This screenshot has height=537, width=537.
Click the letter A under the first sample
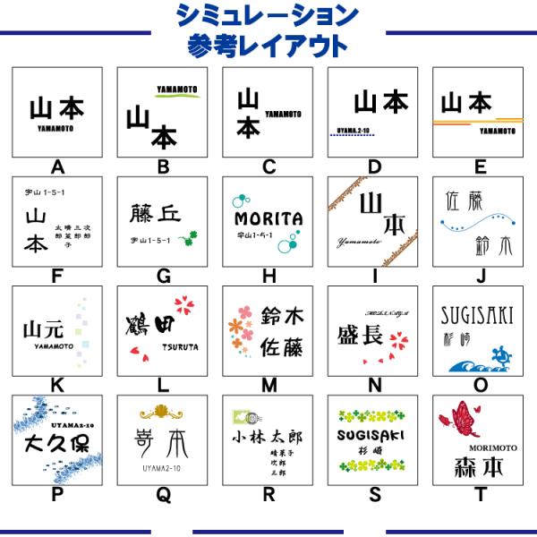(57, 166)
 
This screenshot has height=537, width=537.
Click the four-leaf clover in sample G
(188, 239)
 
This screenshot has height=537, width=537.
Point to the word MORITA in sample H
(268, 218)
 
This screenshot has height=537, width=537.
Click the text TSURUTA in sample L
(180, 347)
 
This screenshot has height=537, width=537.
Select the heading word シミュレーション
(268, 15)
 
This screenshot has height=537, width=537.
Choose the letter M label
(268, 386)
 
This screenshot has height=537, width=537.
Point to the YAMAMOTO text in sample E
(498, 131)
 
